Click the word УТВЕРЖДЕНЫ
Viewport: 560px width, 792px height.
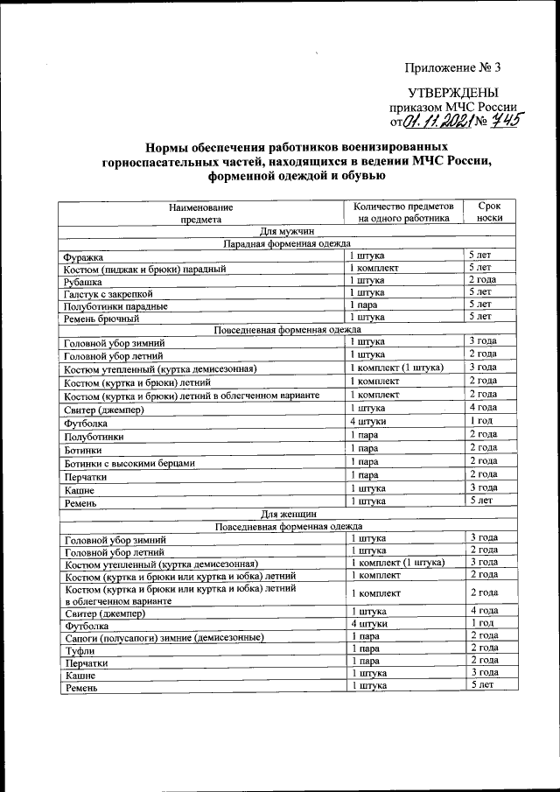click(453, 93)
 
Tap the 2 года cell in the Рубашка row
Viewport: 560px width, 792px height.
click(483, 280)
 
